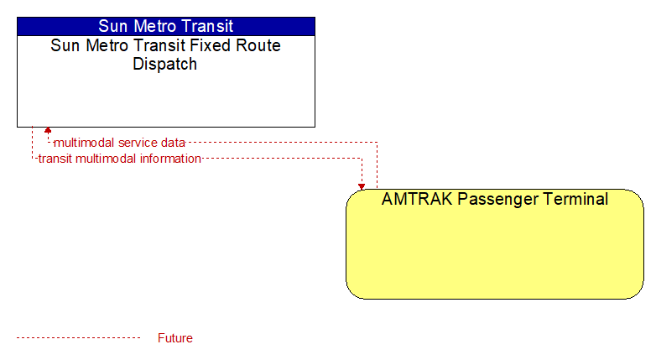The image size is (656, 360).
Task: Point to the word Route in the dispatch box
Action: [258, 45]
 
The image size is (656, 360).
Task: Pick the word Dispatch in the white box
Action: [164, 64]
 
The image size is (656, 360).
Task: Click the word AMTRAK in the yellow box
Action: [417, 199]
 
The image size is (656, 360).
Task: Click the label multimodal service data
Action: [120, 143]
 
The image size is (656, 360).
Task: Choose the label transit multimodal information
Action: [120, 159]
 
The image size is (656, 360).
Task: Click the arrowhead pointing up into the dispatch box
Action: [48, 130]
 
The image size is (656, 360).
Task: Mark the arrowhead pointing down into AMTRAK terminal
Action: [362, 186]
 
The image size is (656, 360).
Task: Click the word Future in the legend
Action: [174, 338]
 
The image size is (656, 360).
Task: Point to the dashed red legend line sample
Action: [78, 338]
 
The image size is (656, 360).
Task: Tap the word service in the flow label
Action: [133, 143]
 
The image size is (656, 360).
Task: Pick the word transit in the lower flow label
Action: [55, 159]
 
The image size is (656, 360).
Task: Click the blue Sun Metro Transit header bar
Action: [166, 26]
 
